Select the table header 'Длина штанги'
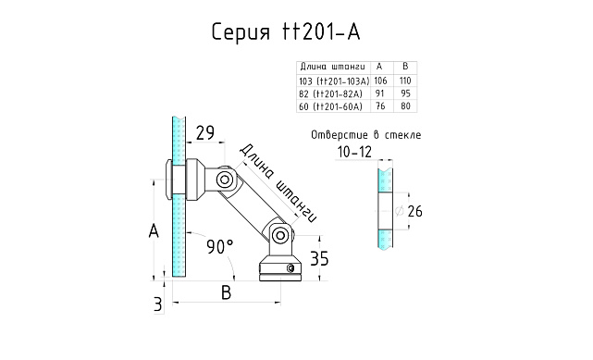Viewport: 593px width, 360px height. (332, 67)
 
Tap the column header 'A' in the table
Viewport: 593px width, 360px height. (379, 67)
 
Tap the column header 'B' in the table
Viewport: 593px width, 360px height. (403, 67)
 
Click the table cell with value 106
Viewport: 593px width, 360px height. (379, 81)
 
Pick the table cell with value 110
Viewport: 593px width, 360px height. (403, 81)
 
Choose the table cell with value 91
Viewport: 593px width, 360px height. (379, 93)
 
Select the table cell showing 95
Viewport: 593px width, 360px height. (403, 93)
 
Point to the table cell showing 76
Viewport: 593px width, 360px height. (379, 106)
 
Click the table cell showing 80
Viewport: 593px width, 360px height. (403, 106)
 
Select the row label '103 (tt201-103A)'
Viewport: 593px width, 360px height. (333, 81)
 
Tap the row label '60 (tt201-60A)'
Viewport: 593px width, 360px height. (330, 106)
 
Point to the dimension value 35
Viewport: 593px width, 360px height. (318, 257)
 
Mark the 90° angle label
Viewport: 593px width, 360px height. (219, 246)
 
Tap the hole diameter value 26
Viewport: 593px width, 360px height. (414, 212)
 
